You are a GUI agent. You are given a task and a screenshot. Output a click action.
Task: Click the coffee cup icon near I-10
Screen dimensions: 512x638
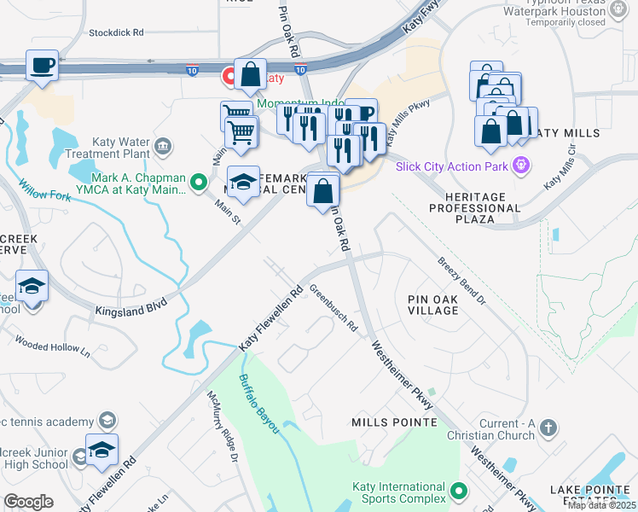point(41,65)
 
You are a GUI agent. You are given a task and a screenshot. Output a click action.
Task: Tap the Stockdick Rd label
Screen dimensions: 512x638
point(116,33)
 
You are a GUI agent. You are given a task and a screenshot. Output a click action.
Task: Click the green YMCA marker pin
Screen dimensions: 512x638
point(199,181)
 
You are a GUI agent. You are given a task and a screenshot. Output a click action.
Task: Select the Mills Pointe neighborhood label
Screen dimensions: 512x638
point(393,422)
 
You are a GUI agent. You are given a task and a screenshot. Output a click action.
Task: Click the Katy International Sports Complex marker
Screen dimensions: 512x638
point(460,492)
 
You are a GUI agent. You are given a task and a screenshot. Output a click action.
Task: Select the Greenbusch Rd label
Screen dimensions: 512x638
point(333,306)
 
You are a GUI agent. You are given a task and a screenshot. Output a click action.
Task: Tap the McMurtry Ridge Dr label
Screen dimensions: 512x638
point(222,426)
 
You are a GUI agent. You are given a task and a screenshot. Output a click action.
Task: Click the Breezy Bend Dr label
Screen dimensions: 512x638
point(461,282)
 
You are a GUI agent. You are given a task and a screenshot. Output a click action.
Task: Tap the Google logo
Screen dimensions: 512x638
point(28,501)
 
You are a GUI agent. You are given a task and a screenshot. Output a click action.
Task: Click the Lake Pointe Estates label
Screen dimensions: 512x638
point(590,495)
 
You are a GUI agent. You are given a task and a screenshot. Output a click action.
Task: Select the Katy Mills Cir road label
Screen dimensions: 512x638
point(560,166)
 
